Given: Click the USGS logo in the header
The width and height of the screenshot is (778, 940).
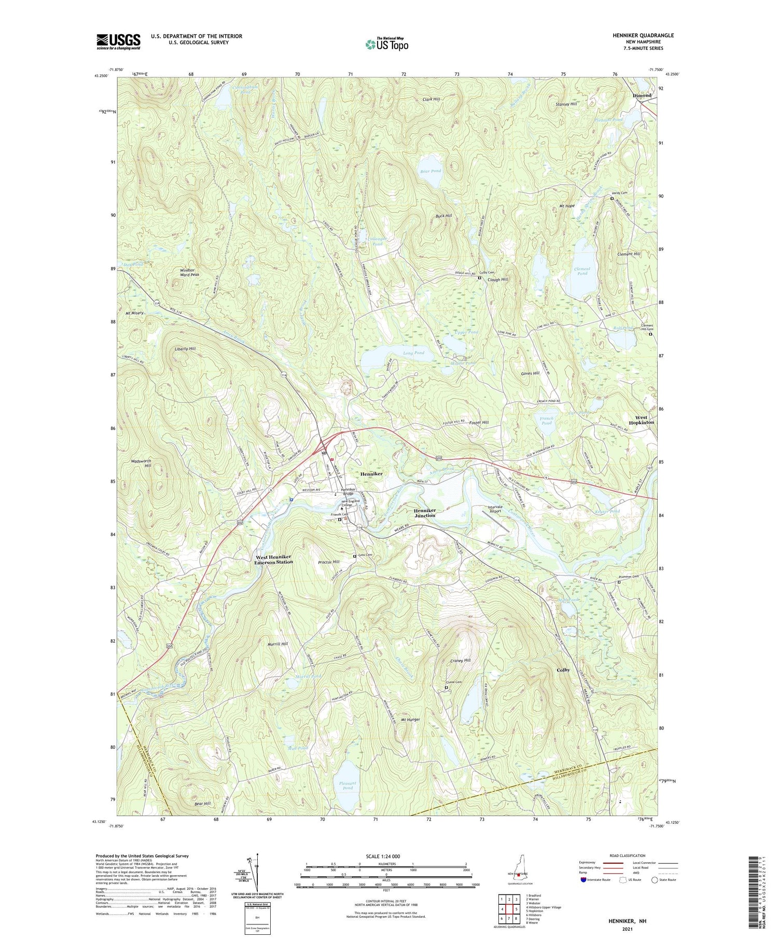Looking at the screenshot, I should (118, 41).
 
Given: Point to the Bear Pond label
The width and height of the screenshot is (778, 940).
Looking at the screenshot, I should (430, 171).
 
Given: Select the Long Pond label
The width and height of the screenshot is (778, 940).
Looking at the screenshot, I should (413, 353).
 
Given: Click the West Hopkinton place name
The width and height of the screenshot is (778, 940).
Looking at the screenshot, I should (641, 420).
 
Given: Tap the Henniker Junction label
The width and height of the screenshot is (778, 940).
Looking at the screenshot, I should (425, 513).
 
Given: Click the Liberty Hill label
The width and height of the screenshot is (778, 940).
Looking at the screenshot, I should (185, 349).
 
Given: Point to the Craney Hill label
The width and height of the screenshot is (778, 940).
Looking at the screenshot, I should (460, 661).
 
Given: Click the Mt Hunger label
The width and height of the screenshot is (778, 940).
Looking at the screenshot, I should (410, 720).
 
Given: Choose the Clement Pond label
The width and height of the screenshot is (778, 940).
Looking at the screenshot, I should (582, 271).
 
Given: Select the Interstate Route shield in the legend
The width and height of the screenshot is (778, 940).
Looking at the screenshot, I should (583, 880).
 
